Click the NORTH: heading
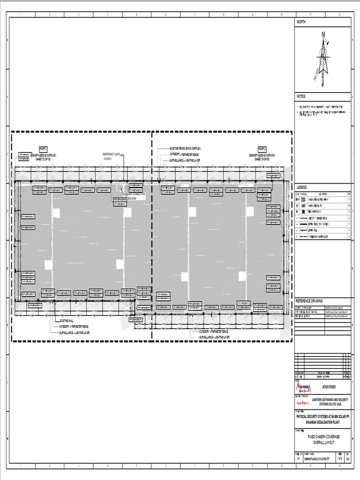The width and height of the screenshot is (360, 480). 301,22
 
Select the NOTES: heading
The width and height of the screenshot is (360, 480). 301,96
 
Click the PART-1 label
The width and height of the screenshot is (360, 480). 37,149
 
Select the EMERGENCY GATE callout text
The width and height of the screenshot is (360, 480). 112,154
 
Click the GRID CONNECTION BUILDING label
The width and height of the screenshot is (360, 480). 136,196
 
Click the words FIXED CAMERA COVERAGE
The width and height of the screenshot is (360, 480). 323,436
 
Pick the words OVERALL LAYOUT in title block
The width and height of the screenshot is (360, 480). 323,442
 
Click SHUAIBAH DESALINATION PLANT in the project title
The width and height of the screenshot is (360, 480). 323,421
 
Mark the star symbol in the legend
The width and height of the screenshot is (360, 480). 298,211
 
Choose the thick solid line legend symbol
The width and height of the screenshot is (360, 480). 298,224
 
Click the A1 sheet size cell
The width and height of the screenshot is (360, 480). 299,459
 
